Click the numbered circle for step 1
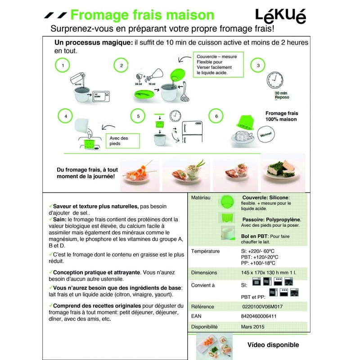(63, 65)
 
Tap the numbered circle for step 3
(258, 65)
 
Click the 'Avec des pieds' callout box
(119, 141)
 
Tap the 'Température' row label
(206, 251)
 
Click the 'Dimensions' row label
(204, 273)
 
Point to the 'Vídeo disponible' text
(273, 345)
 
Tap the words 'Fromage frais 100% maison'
(282, 117)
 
